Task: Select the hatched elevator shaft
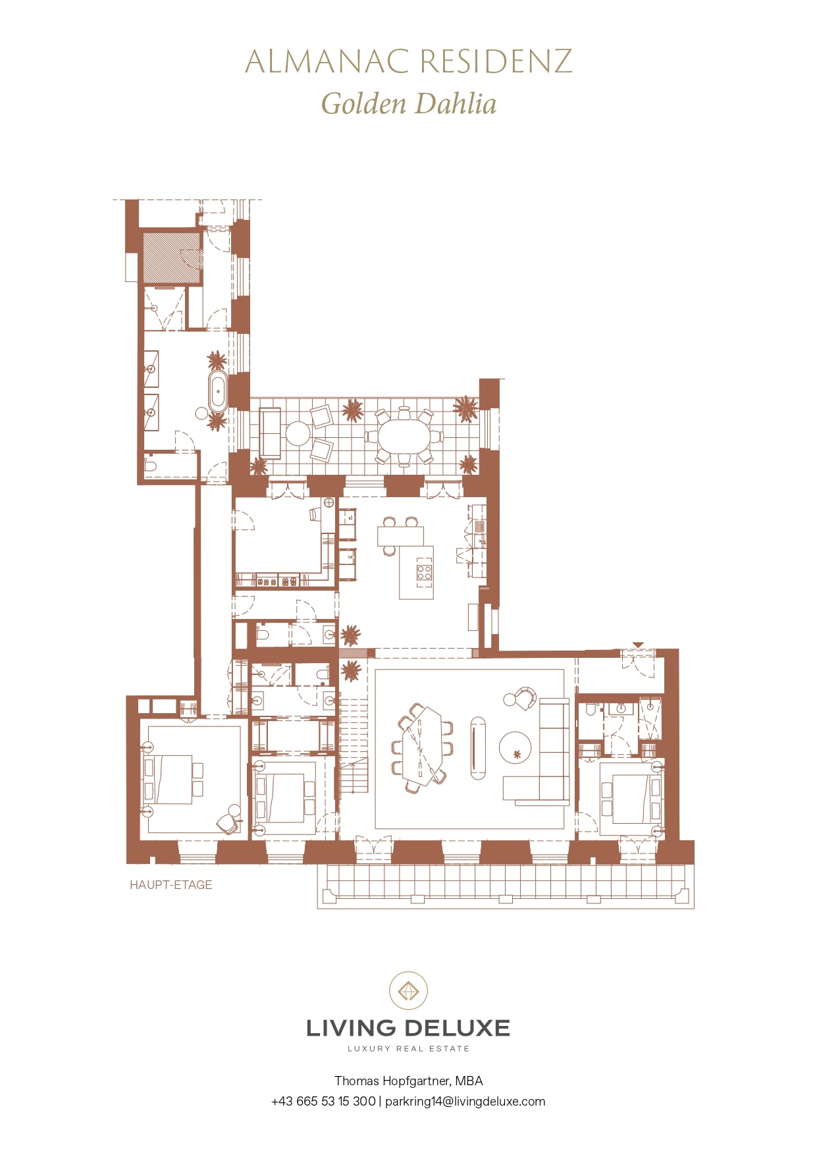point(172,257)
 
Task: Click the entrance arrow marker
point(637,645)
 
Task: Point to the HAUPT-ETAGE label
point(171,885)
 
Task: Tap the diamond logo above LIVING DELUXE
point(408,990)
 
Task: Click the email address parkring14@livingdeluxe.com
point(465,1101)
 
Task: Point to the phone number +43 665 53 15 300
point(323,1101)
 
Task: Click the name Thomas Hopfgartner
point(392,1081)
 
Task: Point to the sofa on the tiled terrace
point(271,433)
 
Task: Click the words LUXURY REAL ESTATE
point(408,1048)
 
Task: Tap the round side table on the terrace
point(298,433)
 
